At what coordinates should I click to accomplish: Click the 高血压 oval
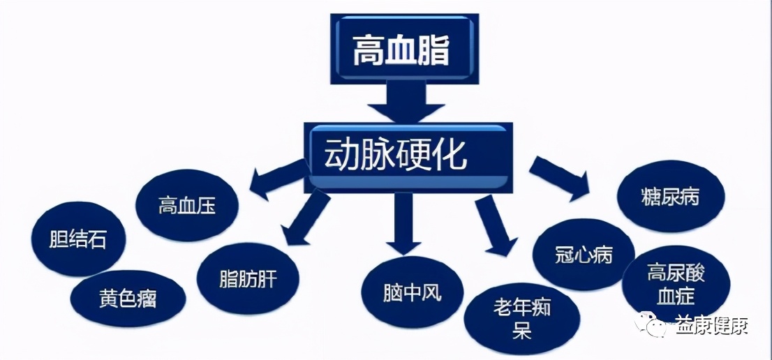(186, 206)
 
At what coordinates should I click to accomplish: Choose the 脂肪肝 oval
(248, 279)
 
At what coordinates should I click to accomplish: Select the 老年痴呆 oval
(521, 318)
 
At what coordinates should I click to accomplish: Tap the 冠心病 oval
(584, 255)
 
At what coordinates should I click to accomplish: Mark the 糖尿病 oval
(669, 197)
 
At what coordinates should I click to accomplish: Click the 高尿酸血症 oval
(675, 283)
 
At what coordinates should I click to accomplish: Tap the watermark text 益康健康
(711, 326)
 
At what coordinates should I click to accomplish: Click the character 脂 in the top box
(431, 50)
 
